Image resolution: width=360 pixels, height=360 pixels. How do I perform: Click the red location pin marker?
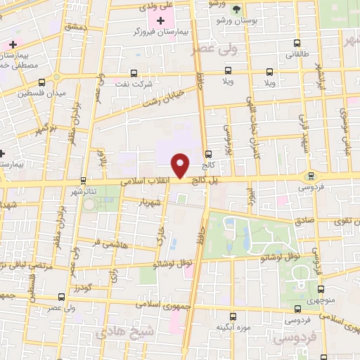point(181,165)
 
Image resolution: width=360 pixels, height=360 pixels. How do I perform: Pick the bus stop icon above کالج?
point(207,155)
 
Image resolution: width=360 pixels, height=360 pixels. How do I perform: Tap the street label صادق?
point(305,220)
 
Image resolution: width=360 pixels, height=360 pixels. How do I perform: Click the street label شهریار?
point(153,202)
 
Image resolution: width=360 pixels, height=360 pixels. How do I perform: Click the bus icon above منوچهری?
point(321,288)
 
